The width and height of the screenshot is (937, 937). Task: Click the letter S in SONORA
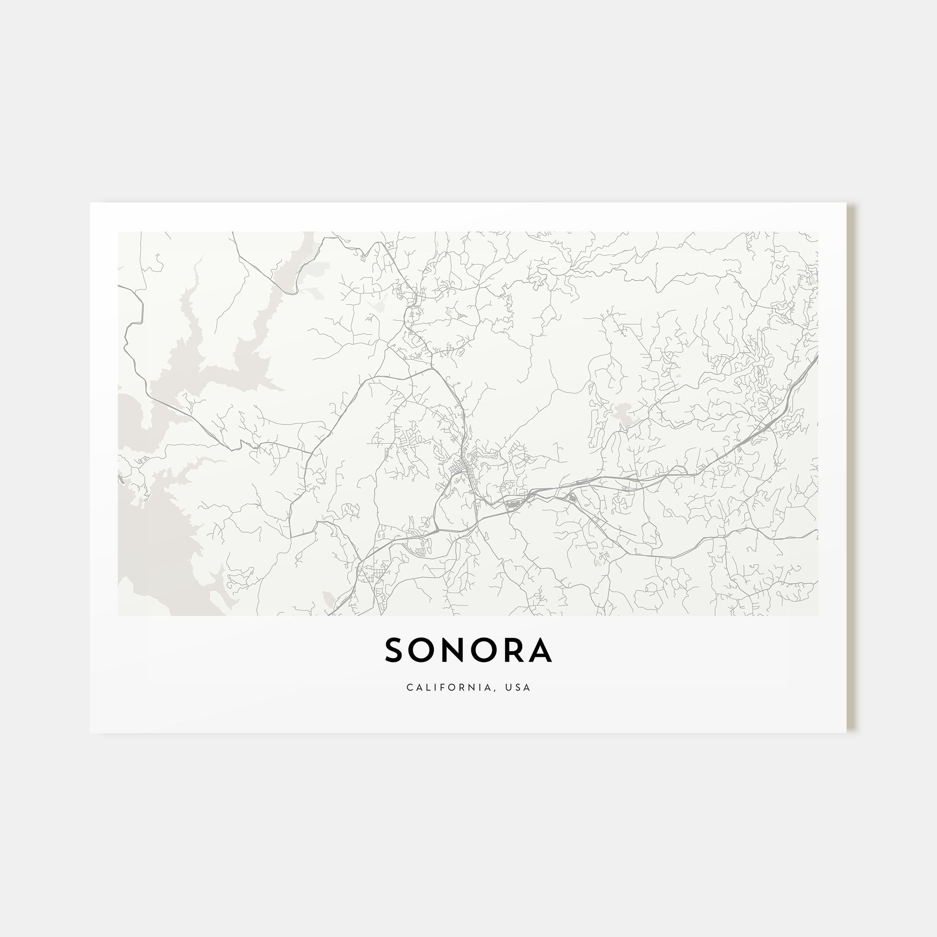pyautogui.click(x=394, y=650)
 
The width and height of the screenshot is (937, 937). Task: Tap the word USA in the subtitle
pyautogui.click(x=518, y=688)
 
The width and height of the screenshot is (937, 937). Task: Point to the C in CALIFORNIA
pyautogui.click(x=410, y=688)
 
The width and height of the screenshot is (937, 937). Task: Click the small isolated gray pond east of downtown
pyautogui.click(x=621, y=412)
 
